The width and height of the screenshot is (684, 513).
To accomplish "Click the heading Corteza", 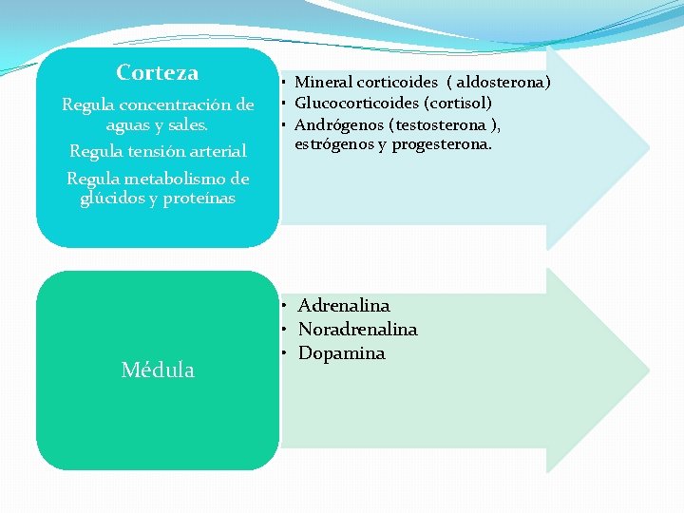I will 158,73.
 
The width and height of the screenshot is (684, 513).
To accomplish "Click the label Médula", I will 158,370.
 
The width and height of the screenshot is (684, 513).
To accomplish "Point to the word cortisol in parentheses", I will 458,103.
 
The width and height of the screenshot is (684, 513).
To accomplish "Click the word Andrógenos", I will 340,124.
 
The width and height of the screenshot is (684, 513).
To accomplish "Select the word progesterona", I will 446,144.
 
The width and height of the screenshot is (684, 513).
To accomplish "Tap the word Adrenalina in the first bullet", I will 344,306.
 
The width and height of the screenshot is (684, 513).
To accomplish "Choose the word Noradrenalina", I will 357,330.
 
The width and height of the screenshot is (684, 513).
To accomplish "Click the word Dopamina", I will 341,353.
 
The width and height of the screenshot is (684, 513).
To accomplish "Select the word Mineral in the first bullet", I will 324,83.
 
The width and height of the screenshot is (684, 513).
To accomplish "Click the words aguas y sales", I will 158,124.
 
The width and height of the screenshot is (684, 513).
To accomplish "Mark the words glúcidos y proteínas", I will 158,198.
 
